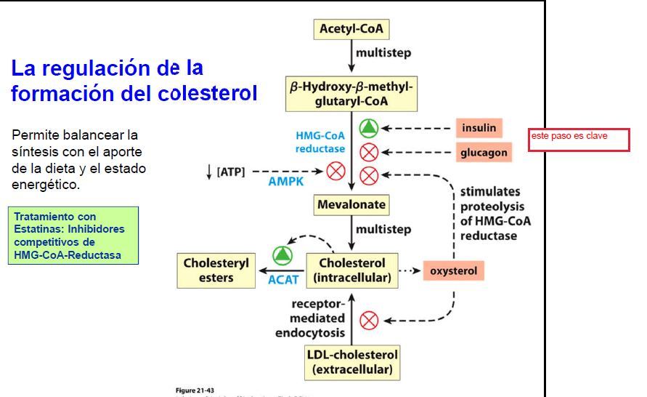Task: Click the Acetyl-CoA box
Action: [x=351, y=29]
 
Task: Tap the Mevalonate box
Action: [x=351, y=205]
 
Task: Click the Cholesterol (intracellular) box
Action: [x=351, y=270]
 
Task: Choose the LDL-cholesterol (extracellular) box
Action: [x=351, y=362]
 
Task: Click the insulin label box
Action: [x=479, y=128]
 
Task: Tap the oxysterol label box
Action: [x=453, y=270]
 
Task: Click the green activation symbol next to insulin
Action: [x=369, y=128]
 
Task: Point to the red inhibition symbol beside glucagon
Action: [x=369, y=153]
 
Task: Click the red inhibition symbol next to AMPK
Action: [x=335, y=172]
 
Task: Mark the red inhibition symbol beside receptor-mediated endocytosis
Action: [x=369, y=320]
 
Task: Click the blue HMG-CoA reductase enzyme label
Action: [x=320, y=142]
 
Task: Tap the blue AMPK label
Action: [x=285, y=181]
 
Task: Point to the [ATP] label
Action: [x=231, y=172]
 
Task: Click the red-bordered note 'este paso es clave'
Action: [x=579, y=139]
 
